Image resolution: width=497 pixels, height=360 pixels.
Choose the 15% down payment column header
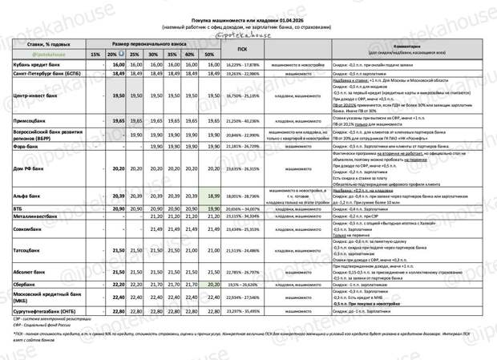[x=95, y=55]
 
